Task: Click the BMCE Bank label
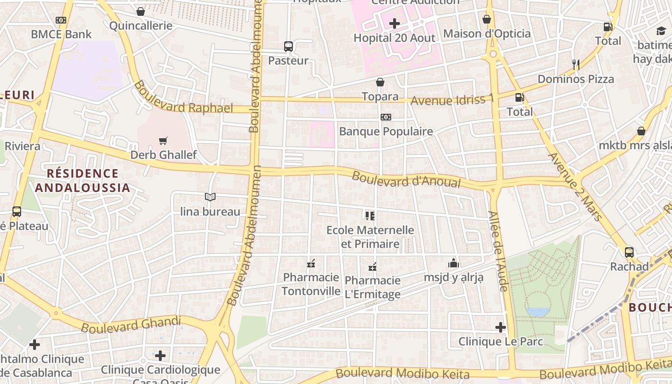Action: coord(61,35)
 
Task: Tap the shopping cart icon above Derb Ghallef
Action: coord(163,141)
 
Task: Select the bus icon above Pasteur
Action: coord(288,47)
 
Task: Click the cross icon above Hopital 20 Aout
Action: coord(394,23)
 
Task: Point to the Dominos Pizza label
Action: coord(576,79)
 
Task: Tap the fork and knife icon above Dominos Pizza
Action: coord(576,64)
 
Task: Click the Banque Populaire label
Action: coord(386,132)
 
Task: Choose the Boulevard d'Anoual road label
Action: coord(406,180)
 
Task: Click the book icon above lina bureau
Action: coord(210,197)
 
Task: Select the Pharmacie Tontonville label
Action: coord(311,284)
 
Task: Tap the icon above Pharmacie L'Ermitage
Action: coord(372,266)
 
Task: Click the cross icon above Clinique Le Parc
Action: coord(500,327)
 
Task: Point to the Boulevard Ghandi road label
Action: coord(131,324)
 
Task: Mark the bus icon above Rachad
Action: coord(629,252)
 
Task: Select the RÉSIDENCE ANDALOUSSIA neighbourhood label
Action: coord(83,180)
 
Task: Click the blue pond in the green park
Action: coord(538,312)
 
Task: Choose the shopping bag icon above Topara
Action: coord(380,82)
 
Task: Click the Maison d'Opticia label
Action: coord(487,34)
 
